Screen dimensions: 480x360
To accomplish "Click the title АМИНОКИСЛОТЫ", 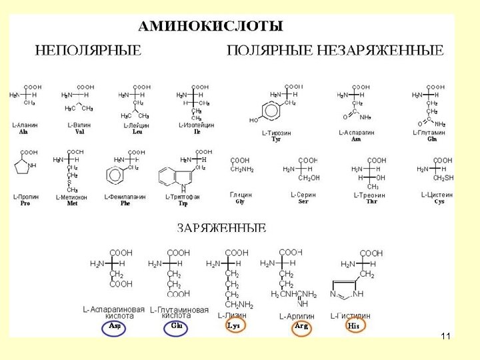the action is (210, 27).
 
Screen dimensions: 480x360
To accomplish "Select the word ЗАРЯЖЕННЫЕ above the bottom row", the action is (221, 228).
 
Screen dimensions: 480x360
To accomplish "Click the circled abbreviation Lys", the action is (233, 325).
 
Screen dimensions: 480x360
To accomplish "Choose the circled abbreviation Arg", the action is (301, 326).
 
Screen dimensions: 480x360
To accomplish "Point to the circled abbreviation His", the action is (353, 326).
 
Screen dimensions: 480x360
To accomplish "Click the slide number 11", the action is (445, 337).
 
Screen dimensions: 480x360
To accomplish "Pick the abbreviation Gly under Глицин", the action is (240, 201).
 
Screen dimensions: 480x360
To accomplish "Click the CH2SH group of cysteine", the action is (443, 178).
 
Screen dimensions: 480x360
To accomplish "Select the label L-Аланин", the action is (25, 125).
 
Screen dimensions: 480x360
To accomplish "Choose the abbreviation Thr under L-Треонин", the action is (371, 201).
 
